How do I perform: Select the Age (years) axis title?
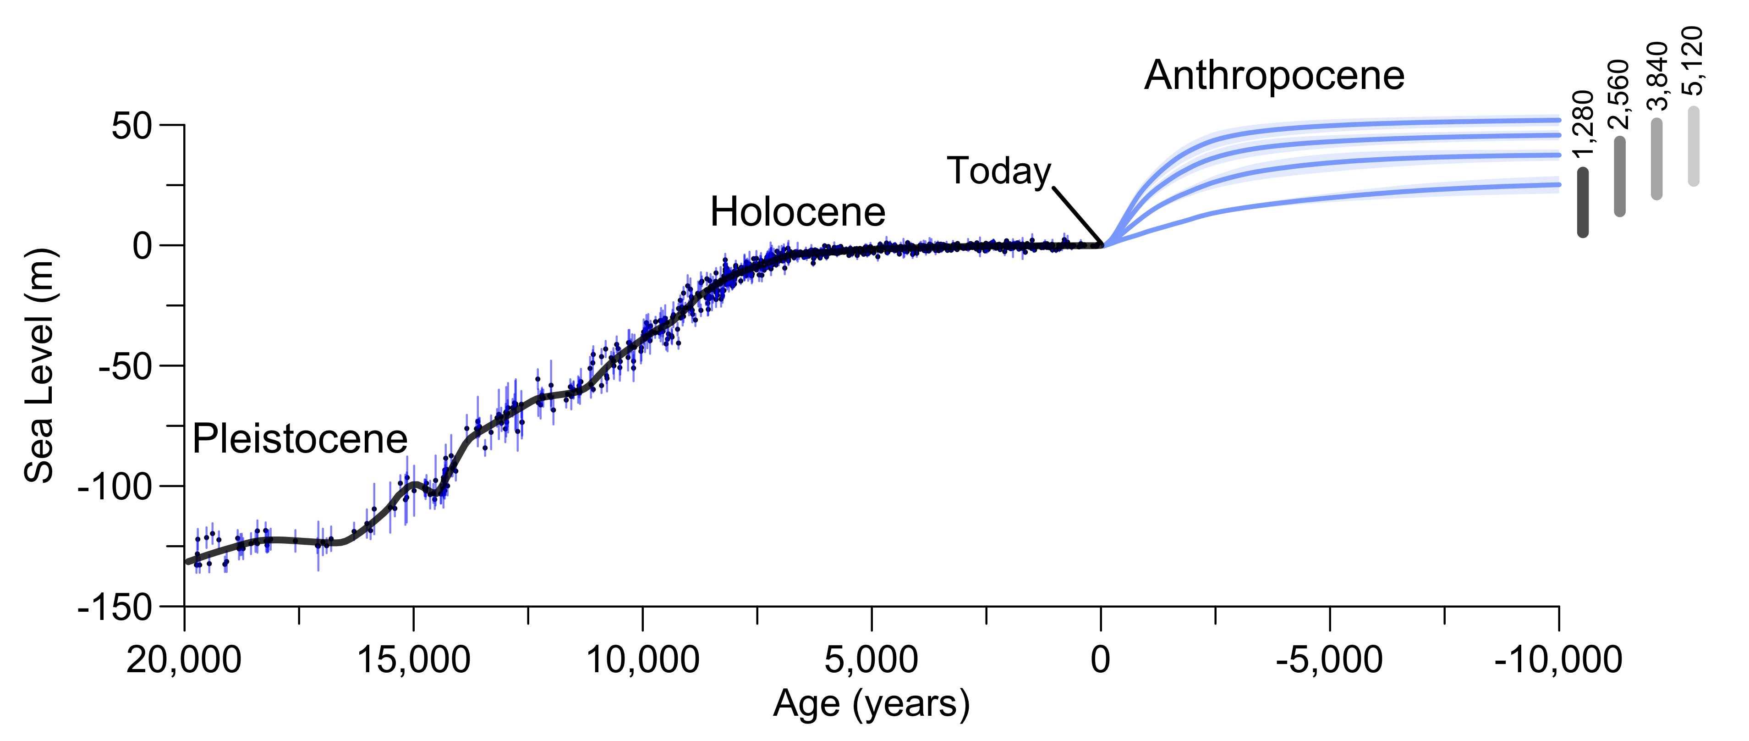872,704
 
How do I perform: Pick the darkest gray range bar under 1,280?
1583,202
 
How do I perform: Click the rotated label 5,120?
1693,61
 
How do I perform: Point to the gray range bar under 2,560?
1620,177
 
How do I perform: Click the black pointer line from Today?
1078,216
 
